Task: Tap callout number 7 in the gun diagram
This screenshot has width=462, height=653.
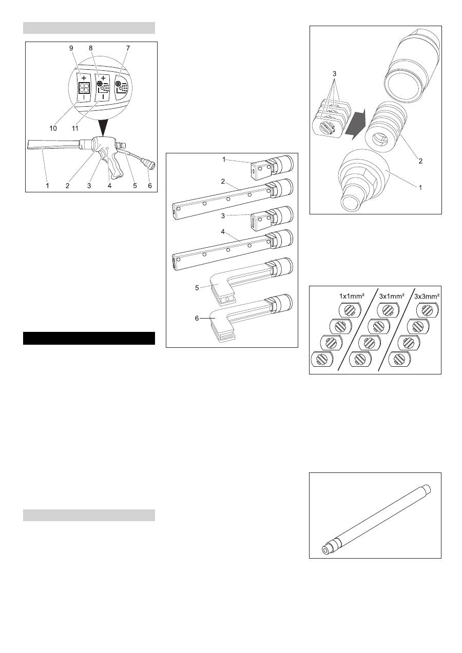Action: tap(128, 48)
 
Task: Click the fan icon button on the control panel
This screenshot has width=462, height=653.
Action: tap(84, 88)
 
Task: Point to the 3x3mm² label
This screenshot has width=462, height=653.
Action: tap(427, 296)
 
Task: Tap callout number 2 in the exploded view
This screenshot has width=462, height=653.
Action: tap(420, 161)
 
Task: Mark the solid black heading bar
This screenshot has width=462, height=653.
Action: tap(89, 338)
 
